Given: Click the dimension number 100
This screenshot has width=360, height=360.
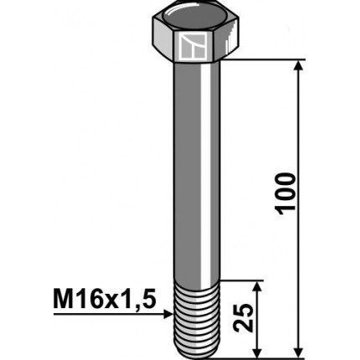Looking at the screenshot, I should (x=286, y=193).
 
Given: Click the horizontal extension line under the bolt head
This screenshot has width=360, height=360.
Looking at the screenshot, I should (x=260, y=60).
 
